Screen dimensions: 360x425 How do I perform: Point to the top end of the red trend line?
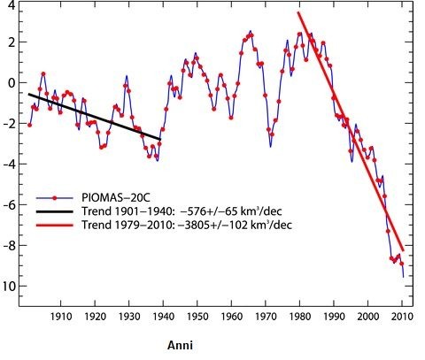click(x=298, y=13)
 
